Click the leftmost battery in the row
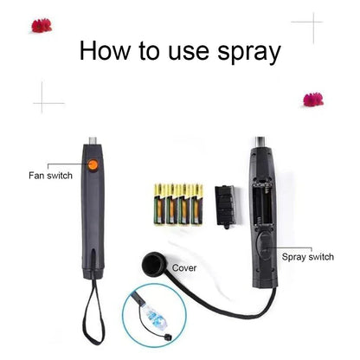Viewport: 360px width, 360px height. [x=158, y=203]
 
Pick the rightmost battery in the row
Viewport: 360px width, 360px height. [x=198, y=203]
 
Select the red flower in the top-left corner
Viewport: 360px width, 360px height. [x=41, y=25]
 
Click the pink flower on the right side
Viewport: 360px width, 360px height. [x=312, y=100]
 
